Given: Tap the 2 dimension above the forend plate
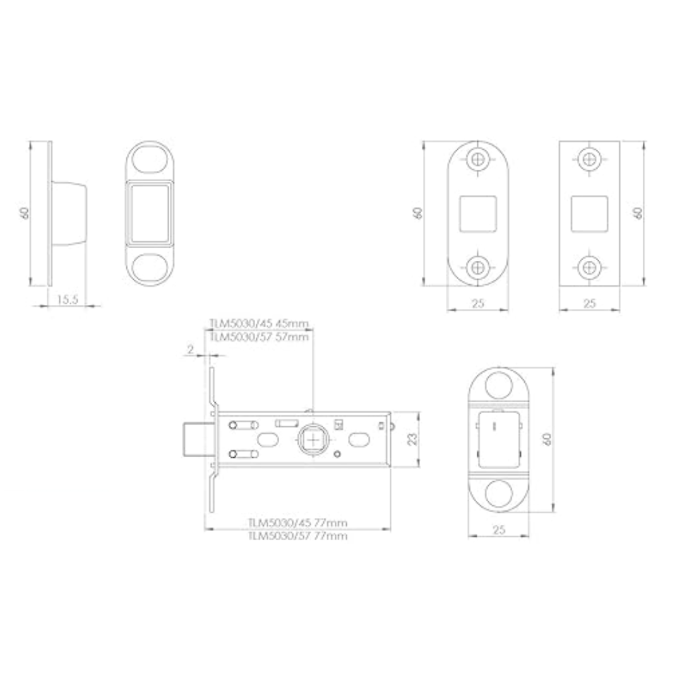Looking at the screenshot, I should pyautogui.click(x=191, y=349).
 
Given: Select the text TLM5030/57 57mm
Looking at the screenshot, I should pyautogui.click(x=259, y=337).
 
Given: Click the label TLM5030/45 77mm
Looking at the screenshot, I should pyautogui.click(x=297, y=523).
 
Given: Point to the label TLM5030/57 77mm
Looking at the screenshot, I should pyautogui.click(x=297, y=536).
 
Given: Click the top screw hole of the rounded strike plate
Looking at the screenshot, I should pyautogui.click(x=478, y=159).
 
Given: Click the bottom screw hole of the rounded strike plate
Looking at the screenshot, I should pyautogui.click(x=478, y=268).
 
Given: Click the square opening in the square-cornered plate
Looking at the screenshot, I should pyautogui.click(x=590, y=213).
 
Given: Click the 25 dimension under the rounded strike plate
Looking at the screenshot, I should pyautogui.click(x=478, y=304).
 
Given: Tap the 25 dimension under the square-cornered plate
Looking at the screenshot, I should pyautogui.click(x=590, y=304).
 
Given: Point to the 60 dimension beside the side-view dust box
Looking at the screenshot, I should pyautogui.click(x=25, y=213).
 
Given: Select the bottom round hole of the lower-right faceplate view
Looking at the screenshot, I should pyautogui.click(x=499, y=493).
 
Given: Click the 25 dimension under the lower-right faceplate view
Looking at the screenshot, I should pyautogui.click(x=499, y=531).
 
